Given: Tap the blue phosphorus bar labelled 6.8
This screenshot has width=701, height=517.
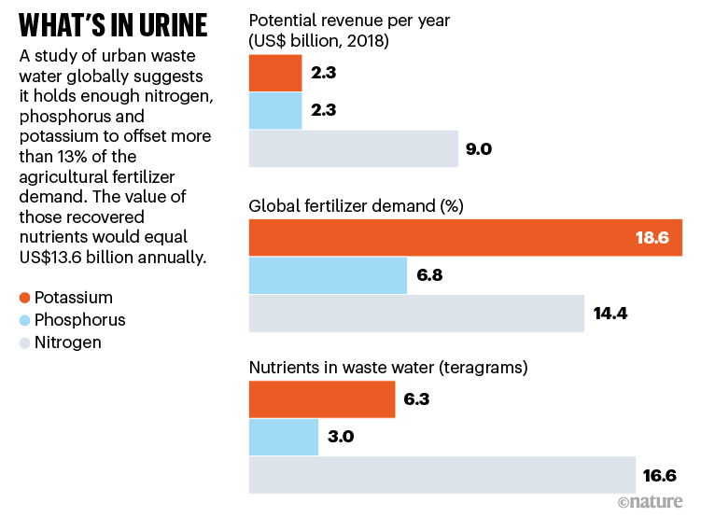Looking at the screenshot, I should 328,275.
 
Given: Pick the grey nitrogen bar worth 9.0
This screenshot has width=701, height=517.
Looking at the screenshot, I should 354,148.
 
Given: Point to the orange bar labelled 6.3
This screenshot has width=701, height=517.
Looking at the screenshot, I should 322,399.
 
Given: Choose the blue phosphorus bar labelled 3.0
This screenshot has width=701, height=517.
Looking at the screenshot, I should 284,437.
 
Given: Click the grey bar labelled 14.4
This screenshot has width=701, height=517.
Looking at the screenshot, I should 416,313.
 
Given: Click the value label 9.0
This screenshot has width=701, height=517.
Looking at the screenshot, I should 480,148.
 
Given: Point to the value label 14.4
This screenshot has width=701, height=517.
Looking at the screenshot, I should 610,313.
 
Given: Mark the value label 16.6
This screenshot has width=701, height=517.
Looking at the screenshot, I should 661,474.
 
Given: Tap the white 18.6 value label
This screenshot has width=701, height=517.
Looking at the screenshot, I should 652,238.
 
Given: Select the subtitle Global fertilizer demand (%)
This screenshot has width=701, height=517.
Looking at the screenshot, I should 357,205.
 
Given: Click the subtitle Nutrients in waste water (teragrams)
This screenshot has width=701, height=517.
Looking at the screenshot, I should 388,367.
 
